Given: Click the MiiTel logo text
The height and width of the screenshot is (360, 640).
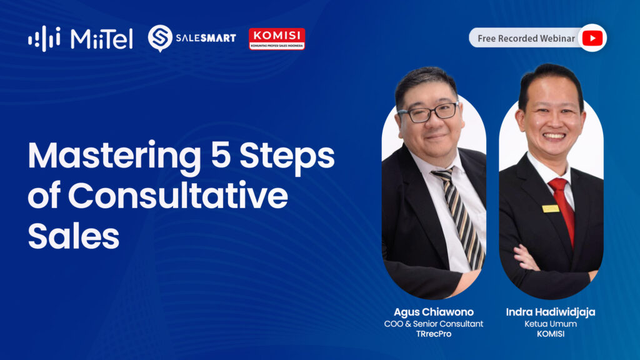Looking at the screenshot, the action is tap(102, 39).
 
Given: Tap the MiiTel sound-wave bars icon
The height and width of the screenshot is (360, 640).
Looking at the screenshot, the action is tap(44, 39).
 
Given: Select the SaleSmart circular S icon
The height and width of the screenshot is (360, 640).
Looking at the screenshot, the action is tap(159, 38).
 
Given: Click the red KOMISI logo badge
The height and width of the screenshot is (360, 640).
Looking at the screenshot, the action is tap(277, 39).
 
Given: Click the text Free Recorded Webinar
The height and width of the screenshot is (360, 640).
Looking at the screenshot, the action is tap(526, 38).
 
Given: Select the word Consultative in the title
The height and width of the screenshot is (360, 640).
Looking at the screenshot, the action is tap(178, 195).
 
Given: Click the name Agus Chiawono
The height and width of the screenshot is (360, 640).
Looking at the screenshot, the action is tap(434, 312).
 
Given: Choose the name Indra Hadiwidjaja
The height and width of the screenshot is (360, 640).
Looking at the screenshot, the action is tap(551, 312).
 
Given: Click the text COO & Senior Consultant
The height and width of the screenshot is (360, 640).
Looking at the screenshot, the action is tap(434, 324).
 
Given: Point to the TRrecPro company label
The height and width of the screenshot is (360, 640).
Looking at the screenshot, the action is tap(434, 334).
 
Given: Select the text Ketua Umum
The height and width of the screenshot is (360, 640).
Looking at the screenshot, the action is tap(551, 324).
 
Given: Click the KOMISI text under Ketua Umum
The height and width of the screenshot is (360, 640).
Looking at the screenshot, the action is tap(551, 334).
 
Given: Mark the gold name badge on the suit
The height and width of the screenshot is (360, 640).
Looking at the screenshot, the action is tap(551, 209).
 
